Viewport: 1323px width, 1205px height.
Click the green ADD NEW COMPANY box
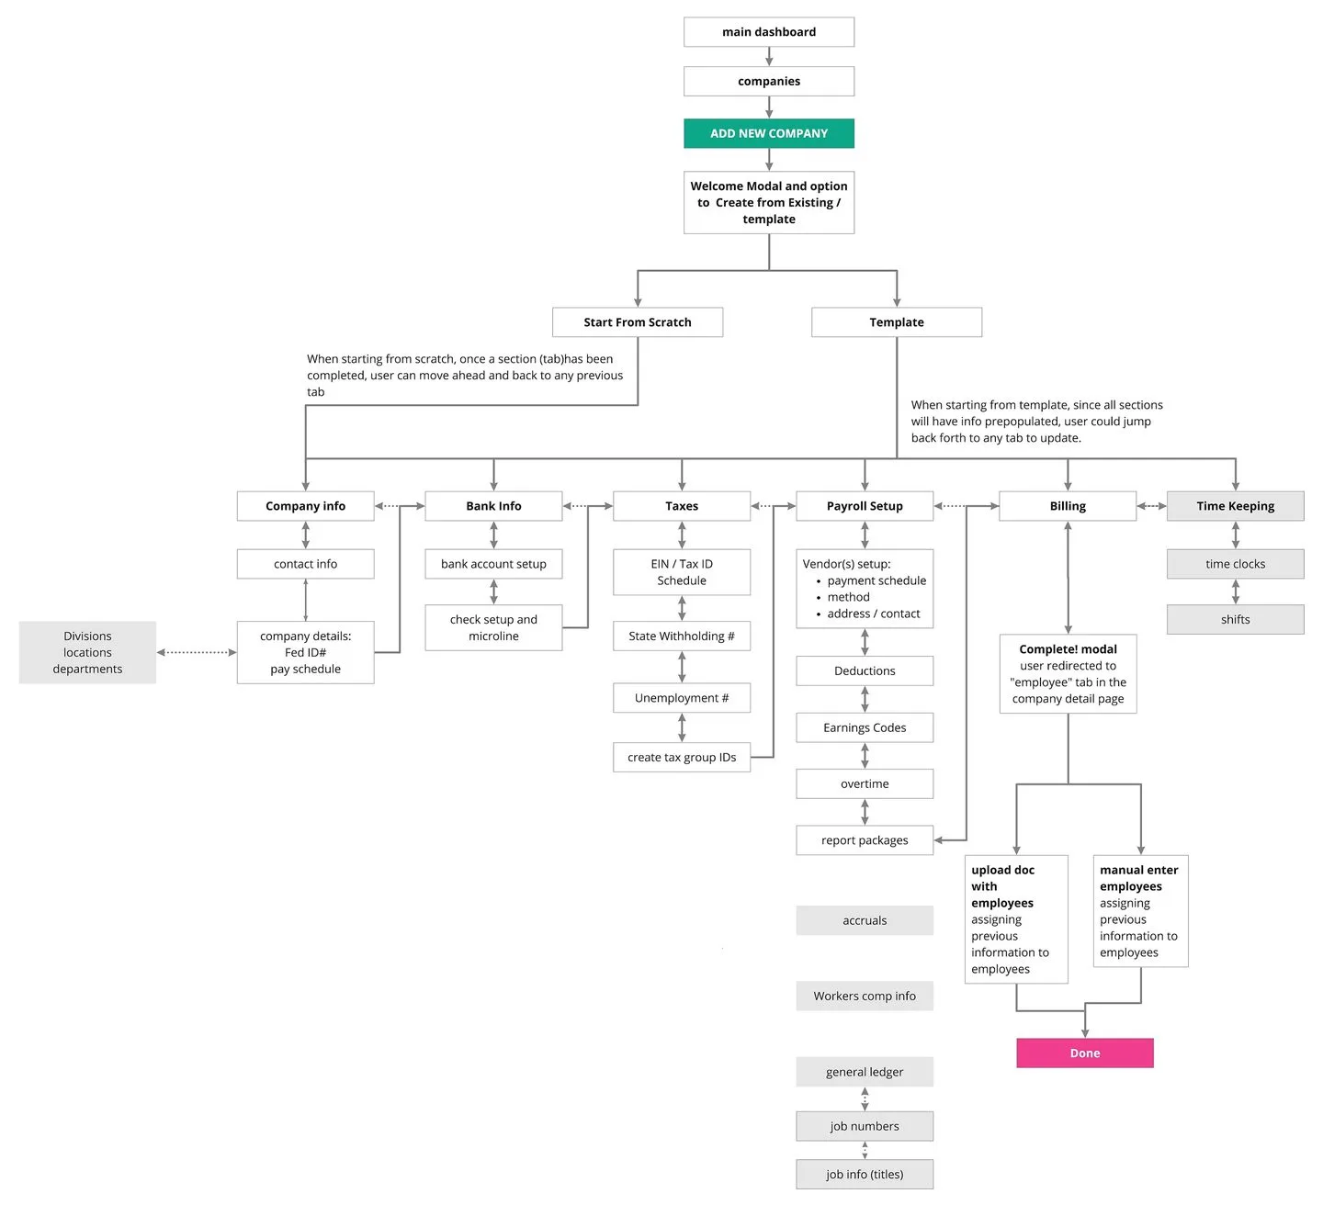[768, 133]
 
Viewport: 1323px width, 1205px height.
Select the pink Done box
[1084, 1053]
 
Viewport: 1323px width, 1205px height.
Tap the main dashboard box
[768, 32]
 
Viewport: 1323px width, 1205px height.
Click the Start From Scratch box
[637, 322]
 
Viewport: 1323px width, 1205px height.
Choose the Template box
[896, 322]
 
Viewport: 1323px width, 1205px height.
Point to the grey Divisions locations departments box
[87, 652]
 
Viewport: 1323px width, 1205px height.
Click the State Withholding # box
[681, 636]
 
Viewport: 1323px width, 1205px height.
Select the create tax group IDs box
[681, 757]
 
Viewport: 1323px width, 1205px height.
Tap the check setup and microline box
[493, 627]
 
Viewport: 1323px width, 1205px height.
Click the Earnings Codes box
[864, 727]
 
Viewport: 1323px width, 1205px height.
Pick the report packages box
[864, 839]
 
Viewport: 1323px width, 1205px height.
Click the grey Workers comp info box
[864, 996]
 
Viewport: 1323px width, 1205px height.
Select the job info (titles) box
[864, 1174]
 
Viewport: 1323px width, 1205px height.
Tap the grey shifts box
[1235, 619]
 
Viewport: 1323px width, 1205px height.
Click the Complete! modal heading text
[1068, 649]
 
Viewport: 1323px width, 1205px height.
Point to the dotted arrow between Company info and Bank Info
[399, 506]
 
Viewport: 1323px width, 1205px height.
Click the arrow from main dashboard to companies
[769, 56]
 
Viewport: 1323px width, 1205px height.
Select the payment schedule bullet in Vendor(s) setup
[876, 580]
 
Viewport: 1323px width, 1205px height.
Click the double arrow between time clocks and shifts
[1235, 591]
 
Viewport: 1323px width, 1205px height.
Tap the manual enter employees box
[1140, 910]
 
